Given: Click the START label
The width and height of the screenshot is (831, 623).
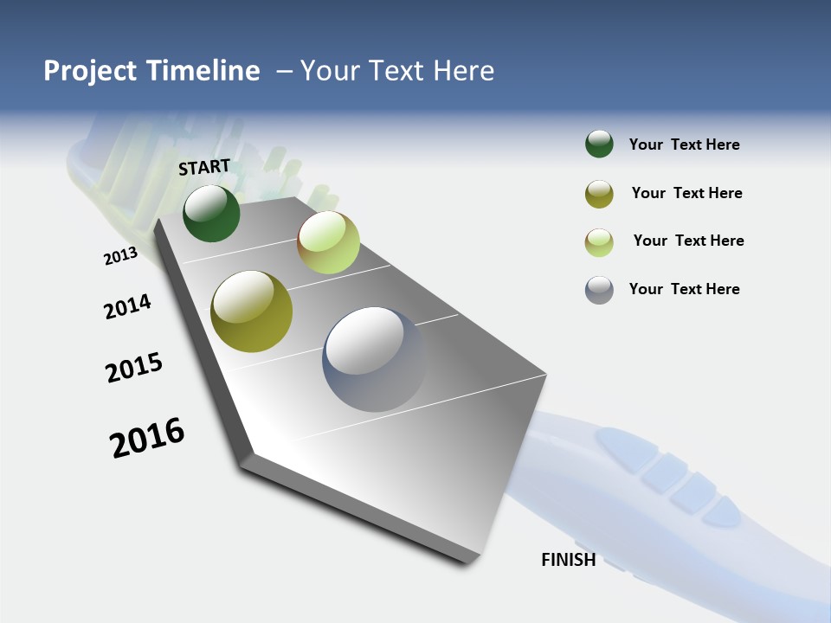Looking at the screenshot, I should click(x=204, y=167).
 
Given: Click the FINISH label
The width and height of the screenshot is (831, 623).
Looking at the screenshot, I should click(x=568, y=559).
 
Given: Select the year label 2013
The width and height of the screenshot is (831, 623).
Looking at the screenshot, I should click(x=120, y=256).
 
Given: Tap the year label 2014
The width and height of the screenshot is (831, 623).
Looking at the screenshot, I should click(x=127, y=306).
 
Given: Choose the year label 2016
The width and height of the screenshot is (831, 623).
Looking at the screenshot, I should click(x=147, y=437).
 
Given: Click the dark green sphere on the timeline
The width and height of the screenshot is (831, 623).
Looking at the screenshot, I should click(x=211, y=213).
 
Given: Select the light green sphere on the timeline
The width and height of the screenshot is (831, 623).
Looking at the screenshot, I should click(x=328, y=242).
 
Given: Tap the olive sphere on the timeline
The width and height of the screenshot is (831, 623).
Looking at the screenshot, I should click(x=251, y=311).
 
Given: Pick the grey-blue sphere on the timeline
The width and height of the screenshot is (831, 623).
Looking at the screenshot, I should click(x=374, y=359).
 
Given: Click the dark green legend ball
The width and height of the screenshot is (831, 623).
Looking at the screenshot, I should click(x=599, y=144).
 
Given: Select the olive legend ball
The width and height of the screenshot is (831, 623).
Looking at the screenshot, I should click(x=599, y=194).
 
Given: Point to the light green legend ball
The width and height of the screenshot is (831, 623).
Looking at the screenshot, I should click(x=599, y=242).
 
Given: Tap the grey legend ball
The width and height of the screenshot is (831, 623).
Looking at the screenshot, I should click(x=599, y=290).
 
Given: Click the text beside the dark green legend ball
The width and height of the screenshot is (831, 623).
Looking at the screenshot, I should click(x=684, y=145).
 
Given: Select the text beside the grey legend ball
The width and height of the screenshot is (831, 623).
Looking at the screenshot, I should click(x=684, y=289).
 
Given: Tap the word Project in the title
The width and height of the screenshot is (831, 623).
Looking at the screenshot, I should click(x=90, y=71).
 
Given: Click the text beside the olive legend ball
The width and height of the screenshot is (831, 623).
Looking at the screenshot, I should click(x=686, y=193).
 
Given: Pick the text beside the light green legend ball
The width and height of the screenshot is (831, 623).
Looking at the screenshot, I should click(x=688, y=241).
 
